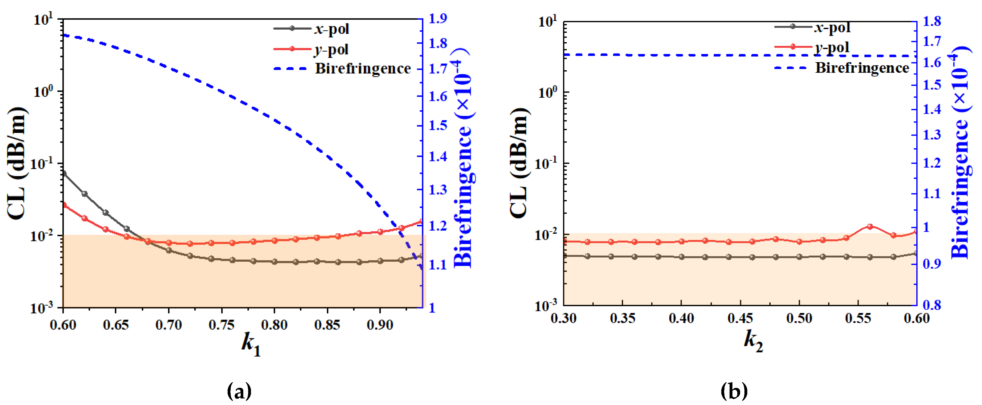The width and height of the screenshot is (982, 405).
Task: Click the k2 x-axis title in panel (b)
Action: click(753, 341)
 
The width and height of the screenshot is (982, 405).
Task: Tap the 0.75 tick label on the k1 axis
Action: click(222, 325)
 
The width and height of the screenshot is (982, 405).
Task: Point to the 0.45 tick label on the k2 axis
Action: click(740, 318)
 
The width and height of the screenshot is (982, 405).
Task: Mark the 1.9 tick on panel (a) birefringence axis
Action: click(438, 19)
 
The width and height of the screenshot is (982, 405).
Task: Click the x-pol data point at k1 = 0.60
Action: click(64, 174)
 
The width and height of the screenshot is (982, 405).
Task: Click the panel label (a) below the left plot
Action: click(239, 391)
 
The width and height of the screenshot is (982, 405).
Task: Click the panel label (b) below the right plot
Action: click(734, 391)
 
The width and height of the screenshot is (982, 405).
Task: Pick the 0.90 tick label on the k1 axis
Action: click(380, 325)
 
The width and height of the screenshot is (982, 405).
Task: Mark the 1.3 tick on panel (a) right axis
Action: click(438, 190)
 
